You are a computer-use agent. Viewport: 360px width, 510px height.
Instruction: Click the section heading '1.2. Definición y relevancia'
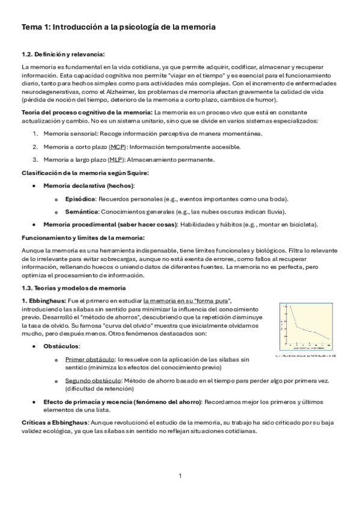(63, 55)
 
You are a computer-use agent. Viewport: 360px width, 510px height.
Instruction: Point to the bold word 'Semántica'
(81, 211)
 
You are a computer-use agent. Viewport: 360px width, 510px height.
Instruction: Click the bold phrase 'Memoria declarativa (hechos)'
(88, 186)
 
